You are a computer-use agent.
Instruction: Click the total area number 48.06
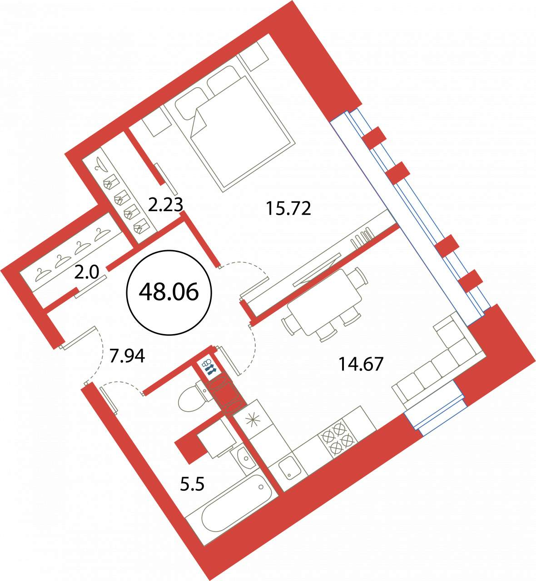pyautogui.click(x=169, y=292)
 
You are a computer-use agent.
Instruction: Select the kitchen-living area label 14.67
pyautogui.click(x=361, y=364)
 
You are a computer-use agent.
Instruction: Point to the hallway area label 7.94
pyautogui.click(x=127, y=356)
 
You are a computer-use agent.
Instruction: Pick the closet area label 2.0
pyautogui.click(x=87, y=273)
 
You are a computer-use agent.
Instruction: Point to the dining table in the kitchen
pyautogui.click(x=325, y=302)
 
